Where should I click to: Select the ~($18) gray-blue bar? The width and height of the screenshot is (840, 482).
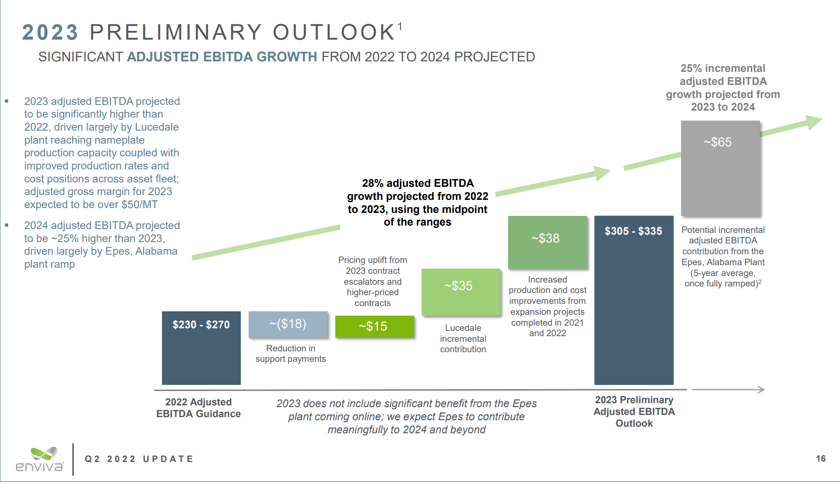(288, 324)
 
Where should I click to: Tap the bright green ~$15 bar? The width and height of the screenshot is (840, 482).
(374, 327)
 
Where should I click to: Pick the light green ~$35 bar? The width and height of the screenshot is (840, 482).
(461, 292)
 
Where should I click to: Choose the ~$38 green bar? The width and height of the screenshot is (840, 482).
(547, 242)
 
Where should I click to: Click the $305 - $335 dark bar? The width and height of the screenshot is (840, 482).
(634, 300)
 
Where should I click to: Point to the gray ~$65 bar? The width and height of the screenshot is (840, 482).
(720, 168)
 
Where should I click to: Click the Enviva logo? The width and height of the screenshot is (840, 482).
(40, 460)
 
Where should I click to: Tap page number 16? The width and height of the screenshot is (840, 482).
(820, 458)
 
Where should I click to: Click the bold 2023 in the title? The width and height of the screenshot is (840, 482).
(50, 33)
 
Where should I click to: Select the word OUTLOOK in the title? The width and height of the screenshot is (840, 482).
(334, 33)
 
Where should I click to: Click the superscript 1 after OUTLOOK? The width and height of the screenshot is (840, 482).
(400, 27)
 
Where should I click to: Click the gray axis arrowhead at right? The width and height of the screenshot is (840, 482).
(761, 389)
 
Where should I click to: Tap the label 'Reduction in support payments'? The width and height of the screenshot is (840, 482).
(290, 354)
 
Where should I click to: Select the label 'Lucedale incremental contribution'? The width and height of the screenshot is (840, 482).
(463, 338)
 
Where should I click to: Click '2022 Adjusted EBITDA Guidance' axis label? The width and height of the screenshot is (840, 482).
(199, 408)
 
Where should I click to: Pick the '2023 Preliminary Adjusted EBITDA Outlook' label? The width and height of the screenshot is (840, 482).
(634, 411)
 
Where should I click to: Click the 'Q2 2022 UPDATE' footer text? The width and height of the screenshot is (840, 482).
(139, 459)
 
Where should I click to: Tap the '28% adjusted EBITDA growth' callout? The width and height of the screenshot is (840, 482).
(417, 202)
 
